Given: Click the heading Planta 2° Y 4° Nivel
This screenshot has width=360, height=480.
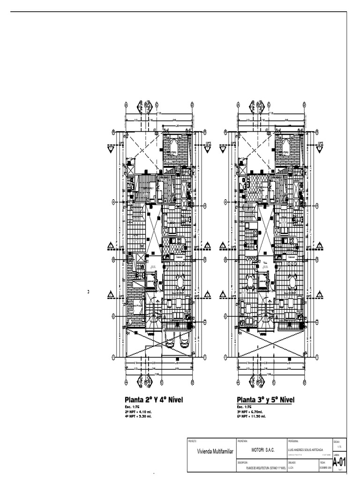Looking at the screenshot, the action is pyautogui.click(x=153, y=399).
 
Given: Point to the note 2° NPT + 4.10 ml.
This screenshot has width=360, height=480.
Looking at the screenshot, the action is pyautogui.click(x=138, y=411).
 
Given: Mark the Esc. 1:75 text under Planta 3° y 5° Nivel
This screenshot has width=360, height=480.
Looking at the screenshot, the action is pyautogui.click(x=244, y=407).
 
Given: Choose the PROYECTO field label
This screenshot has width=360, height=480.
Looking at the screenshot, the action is pyautogui.click(x=193, y=442).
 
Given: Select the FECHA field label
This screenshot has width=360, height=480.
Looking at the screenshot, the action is pyautogui.click(x=322, y=462).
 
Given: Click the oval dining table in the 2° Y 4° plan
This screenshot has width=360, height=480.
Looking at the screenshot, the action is pyautogui.click(x=180, y=282).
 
